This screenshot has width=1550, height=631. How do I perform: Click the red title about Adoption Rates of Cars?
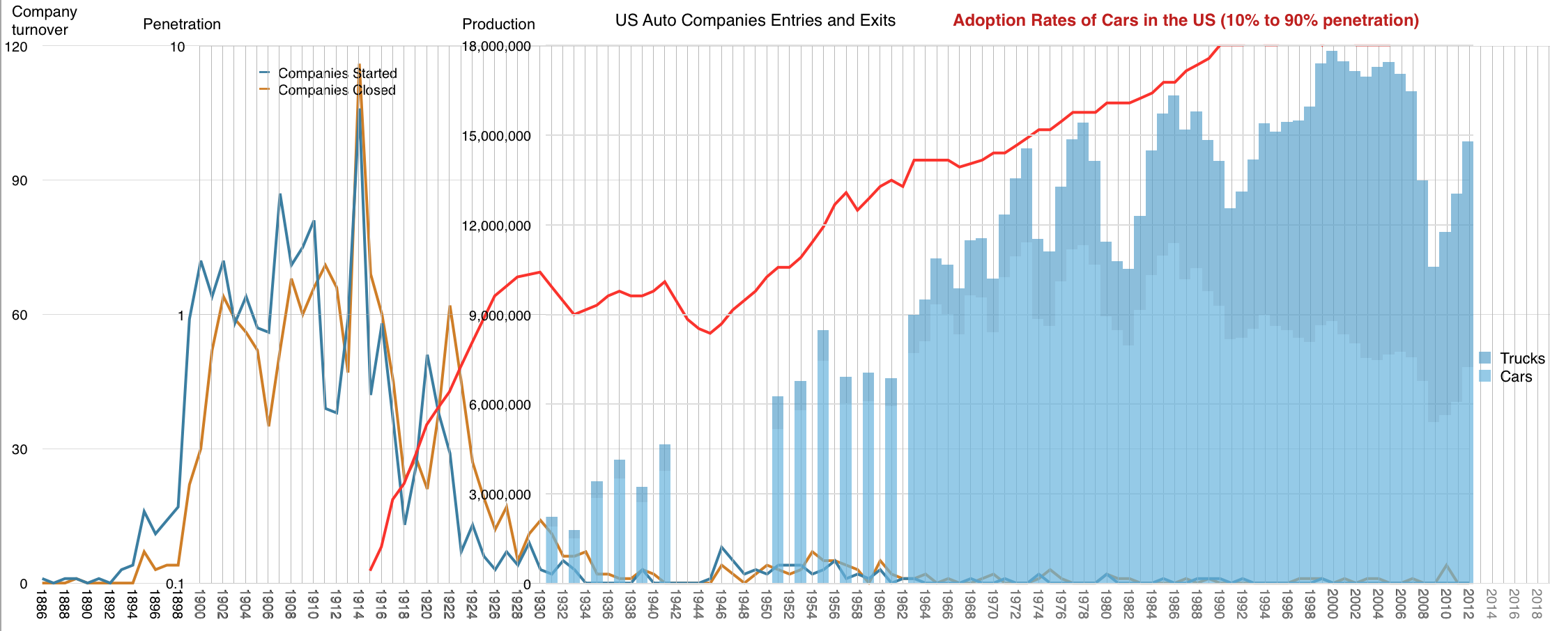point(1185,20)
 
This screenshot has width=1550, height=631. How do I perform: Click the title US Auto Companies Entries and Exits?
point(755,20)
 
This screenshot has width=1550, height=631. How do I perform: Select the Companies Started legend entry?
point(337,73)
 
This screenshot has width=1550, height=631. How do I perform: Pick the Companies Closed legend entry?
point(336,90)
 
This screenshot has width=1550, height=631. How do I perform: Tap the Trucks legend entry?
point(1521,358)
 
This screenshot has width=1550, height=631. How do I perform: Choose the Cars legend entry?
point(1515,377)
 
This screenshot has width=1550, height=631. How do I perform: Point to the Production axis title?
point(498,24)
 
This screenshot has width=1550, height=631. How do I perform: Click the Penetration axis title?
point(181,24)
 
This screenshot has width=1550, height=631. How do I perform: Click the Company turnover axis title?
point(43,21)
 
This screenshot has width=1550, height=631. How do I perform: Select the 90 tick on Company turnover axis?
point(20,180)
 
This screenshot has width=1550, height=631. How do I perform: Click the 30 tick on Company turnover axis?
point(20,449)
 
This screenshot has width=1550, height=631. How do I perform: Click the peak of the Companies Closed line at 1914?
point(360,65)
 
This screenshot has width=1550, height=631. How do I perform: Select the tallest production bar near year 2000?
point(1331,313)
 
